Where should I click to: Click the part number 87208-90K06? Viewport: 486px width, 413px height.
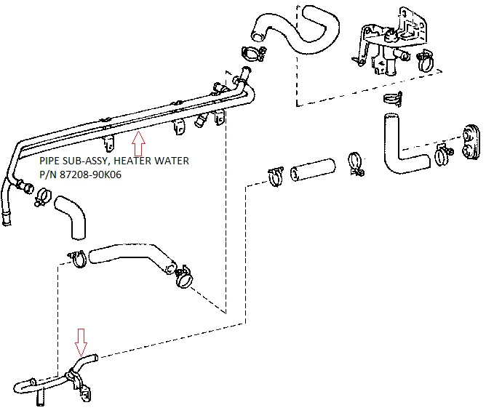(x=90, y=175)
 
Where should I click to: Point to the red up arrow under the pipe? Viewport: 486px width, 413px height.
(x=138, y=143)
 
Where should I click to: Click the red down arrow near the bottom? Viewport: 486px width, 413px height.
(x=81, y=342)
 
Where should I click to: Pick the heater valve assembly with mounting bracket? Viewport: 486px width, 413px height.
(x=389, y=40)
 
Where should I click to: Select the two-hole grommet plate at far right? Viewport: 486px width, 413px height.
(x=471, y=143)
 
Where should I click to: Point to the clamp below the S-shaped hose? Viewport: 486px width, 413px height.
(x=253, y=54)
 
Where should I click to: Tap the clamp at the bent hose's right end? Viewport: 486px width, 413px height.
(x=184, y=277)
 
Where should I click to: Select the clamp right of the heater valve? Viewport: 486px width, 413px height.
(x=425, y=60)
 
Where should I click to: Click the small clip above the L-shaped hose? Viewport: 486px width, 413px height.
(x=393, y=99)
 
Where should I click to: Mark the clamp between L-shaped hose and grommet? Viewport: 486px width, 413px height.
(x=443, y=155)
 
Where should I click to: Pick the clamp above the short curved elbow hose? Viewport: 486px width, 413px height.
(x=43, y=196)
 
